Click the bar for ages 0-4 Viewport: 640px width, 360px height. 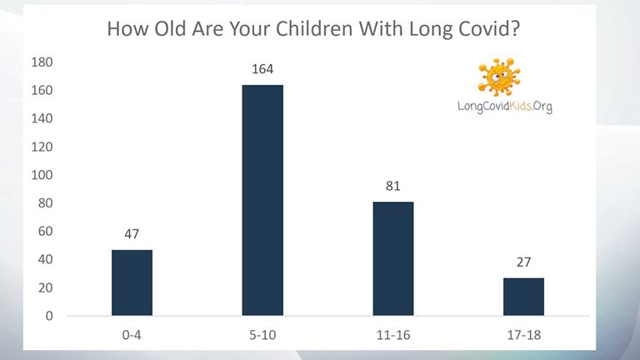pos(132,282)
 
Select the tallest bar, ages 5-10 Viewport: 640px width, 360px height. pos(262,200)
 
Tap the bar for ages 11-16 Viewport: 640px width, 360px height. pos(393,258)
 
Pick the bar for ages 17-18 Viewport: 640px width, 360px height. pos(523,297)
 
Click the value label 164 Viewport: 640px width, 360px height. pos(262,69)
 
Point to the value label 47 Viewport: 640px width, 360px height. pos(132,234)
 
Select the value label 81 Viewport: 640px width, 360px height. pos(393,186)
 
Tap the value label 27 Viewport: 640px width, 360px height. pos(523,262)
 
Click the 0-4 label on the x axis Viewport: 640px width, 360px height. pos(132,335)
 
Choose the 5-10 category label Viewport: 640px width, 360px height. pos(262,335)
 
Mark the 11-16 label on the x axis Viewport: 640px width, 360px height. pos(393,335)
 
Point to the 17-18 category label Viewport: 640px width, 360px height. pos(523,335)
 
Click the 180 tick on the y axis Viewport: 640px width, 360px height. pos(42,62)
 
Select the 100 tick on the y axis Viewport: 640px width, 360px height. pos(42,175)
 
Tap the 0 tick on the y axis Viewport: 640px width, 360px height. pos(49,316)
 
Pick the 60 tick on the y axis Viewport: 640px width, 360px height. pos(45,232)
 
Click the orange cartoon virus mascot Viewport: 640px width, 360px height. pos(500,77)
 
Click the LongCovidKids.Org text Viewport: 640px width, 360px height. pos(505,107)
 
